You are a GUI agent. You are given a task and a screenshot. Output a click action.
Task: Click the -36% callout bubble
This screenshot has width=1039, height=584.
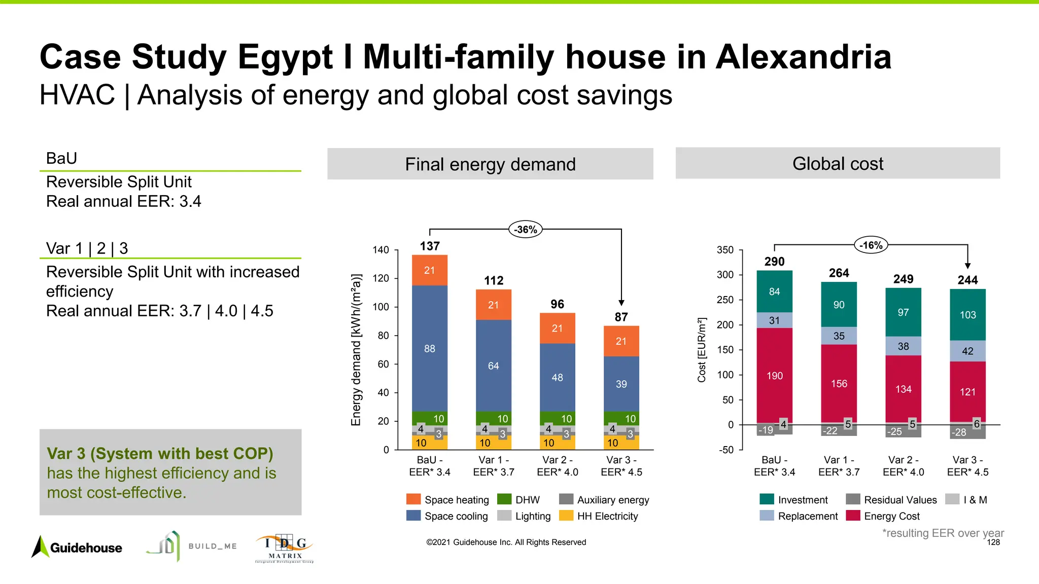tap(525, 230)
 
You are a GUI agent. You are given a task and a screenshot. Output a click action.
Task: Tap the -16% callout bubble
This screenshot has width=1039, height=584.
tap(871, 245)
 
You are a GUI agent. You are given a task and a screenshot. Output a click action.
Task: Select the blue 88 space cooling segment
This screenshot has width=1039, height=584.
tap(430, 348)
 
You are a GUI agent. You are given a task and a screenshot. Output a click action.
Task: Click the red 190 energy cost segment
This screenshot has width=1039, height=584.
tap(774, 376)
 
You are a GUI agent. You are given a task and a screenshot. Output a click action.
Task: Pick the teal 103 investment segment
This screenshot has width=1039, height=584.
tap(967, 315)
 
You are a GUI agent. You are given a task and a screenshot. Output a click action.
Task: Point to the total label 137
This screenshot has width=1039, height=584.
tap(430, 246)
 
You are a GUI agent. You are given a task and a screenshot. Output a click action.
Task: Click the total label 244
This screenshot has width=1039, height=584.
tap(967, 280)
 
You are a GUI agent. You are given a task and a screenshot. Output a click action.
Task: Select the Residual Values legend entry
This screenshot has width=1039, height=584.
tap(891, 500)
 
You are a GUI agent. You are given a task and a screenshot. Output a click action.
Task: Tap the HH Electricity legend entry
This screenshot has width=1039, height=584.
tap(599, 516)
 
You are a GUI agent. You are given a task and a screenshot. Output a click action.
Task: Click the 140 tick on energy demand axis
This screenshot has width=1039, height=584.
tap(380, 250)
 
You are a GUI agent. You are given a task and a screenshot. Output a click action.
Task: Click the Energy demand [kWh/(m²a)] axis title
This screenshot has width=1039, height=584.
tap(356, 350)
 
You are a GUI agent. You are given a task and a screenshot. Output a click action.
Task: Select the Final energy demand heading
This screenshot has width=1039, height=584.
tap(490, 164)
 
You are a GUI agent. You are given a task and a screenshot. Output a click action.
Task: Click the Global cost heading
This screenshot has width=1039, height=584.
tap(838, 164)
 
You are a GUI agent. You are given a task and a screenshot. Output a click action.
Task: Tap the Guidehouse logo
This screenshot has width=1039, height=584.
tap(77, 547)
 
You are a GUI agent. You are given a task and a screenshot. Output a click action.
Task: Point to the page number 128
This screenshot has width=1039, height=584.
tap(993, 542)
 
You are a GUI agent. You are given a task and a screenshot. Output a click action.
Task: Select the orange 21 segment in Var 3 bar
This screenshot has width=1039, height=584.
tap(621, 341)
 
